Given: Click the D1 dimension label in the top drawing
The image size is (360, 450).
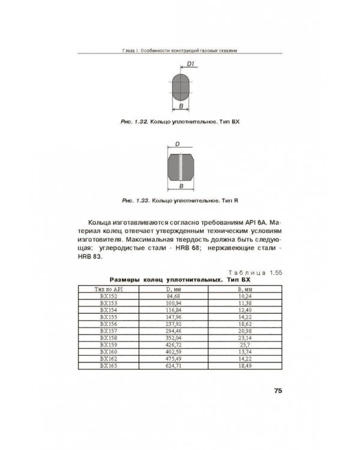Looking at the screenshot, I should (x=190, y=63).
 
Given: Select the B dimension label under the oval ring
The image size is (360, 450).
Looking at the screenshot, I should (x=181, y=107).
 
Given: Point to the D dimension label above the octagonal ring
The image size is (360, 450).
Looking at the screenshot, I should (x=178, y=144).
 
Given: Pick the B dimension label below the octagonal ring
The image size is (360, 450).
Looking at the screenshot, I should (x=181, y=187).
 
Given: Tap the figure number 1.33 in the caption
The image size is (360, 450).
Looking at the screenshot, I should (x=140, y=200).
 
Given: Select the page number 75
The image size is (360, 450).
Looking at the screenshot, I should (x=278, y=391).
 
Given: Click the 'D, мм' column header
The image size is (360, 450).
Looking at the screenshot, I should (x=173, y=289).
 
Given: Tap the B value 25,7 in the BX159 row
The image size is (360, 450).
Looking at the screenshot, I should (x=244, y=344).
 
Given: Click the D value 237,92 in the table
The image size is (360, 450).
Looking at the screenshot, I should (x=173, y=323).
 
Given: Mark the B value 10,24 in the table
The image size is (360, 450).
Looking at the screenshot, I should (x=244, y=296).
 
